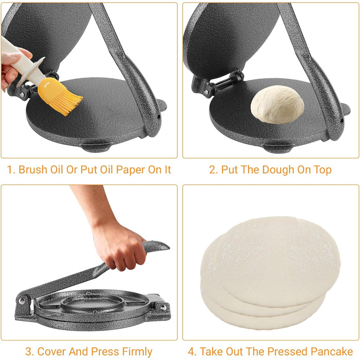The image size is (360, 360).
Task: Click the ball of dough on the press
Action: pyautogui.click(x=277, y=104)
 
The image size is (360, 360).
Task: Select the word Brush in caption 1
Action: pyautogui.click(x=33, y=170)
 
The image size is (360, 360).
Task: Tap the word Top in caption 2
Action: pyautogui.click(x=322, y=170)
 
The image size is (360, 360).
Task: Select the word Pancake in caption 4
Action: pyautogui.click(x=332, y=351)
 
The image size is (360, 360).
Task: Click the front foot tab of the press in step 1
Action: pyautogui.click(x=97, y=148)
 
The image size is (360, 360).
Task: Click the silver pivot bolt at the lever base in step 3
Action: pyautogui.click(x=22, y=301)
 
